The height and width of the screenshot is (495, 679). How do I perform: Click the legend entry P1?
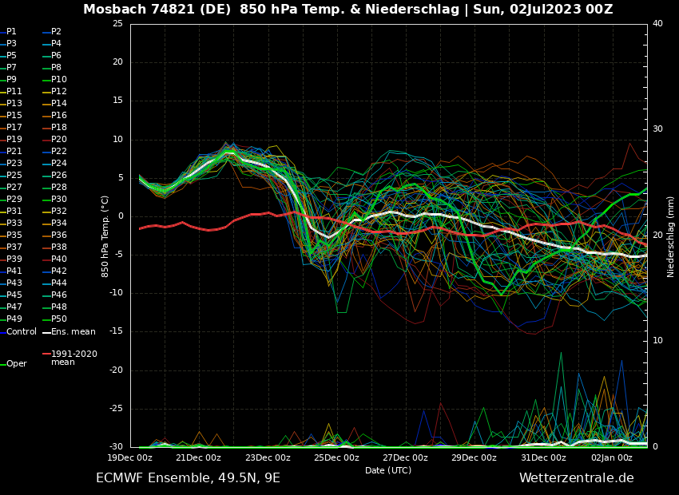(11, 32)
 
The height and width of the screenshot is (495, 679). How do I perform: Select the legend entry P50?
(59, 319)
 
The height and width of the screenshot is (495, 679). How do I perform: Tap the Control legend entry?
(22, 331)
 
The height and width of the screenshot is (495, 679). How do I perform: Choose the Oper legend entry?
(17, 364)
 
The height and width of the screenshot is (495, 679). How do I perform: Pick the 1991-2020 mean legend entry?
(73, 358)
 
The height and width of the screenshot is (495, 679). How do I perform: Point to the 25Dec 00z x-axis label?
(336, 458)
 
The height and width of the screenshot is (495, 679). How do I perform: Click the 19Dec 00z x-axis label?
(129, 458)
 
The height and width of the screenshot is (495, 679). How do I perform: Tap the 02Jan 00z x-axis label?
(611, 458)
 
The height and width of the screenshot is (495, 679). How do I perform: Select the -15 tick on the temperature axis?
(117, 331)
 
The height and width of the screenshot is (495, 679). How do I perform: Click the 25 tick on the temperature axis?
(117, 24)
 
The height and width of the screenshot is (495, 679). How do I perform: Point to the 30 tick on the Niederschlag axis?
(657, 129)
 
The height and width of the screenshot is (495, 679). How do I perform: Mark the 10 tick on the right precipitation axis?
(657, 341)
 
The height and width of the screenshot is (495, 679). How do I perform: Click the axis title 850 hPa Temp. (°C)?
(105, 236)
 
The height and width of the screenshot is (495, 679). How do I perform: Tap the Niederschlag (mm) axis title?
(671, 236)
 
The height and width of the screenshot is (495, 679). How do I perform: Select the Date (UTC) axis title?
(388, 470)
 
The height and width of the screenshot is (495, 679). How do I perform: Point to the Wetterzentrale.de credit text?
(576, 478)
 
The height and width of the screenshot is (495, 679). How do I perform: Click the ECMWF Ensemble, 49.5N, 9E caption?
(188, 478)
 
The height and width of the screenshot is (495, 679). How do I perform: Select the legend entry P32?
(59, 212)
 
